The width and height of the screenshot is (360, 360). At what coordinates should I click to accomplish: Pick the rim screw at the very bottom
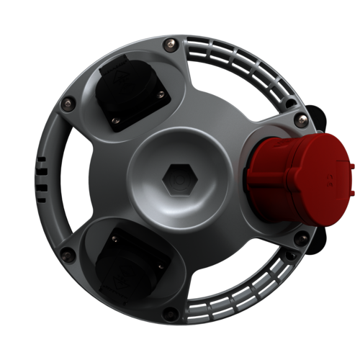tap(171, 312)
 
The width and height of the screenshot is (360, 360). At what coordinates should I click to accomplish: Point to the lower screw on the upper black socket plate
tap(115, 119)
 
